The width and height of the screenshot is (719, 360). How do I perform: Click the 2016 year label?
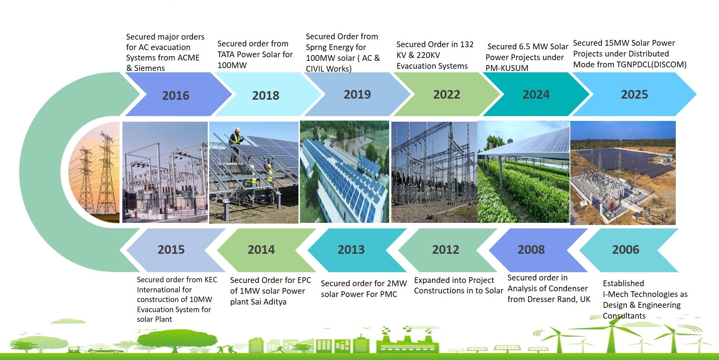175,95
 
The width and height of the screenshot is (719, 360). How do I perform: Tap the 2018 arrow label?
266,95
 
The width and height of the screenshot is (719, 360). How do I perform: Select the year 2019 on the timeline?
357,94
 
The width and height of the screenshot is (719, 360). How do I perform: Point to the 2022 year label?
446,94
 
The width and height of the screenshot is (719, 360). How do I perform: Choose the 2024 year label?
536,94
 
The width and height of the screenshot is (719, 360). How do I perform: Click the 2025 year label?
634,94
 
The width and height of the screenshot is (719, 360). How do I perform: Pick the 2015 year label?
171,249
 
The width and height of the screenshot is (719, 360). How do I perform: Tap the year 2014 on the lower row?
261,249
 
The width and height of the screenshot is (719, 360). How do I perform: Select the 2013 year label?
351,249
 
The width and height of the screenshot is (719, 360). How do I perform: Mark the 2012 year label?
446,249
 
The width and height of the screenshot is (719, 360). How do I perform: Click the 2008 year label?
531,249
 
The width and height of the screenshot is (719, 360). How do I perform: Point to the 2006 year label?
626,249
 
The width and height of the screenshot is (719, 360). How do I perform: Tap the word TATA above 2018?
226,54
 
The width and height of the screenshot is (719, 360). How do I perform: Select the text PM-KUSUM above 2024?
507,68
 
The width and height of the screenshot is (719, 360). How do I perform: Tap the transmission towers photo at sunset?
94,172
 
